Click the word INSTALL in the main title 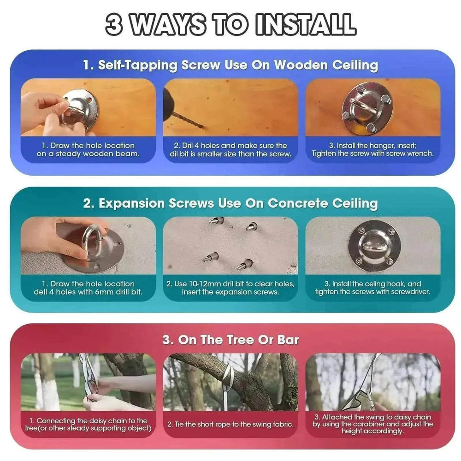point(306,24)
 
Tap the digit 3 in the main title point(113,24)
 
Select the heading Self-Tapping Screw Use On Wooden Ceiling point(230,65)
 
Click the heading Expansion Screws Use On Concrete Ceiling point(230,203)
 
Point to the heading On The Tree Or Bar point(230,340)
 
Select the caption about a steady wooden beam point(88,150)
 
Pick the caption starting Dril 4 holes point(230,150)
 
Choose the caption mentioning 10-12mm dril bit point(230,288)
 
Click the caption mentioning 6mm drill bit point(88,288)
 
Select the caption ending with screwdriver point(372,288)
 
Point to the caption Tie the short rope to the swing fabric point(230,424)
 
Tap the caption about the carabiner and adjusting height point(372,424)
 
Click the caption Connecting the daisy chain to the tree point(88,424)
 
